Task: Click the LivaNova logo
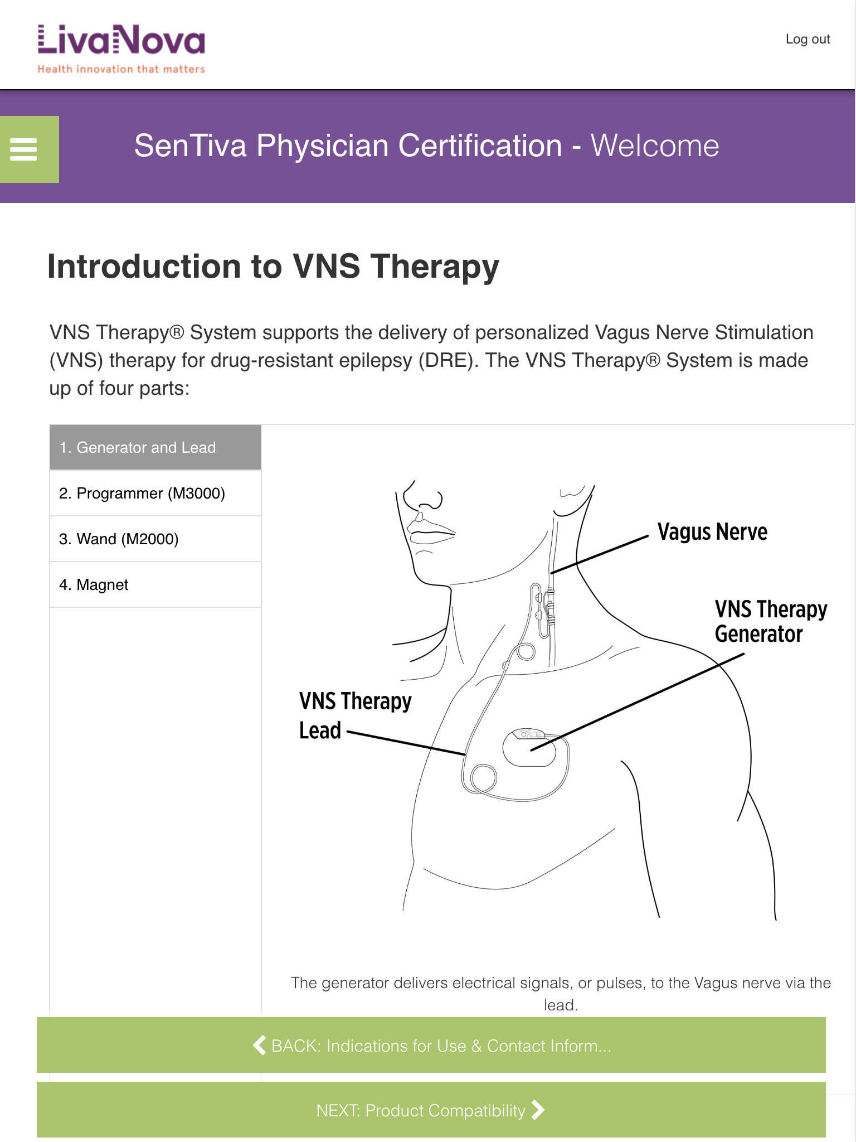(x=121, y=49)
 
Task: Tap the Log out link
(x=808, y=39)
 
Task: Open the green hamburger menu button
(x=29, y=149)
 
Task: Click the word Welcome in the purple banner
(x=655, y=146)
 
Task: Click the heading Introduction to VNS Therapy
(x=273, y=267)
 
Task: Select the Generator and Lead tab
(x=155, y=447)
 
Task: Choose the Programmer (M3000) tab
(x=155, y=493)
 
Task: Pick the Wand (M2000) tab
(x=155, y=539)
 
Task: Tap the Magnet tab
(x=155, y=585)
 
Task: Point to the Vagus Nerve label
(x=712, y=532)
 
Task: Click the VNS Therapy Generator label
(x=771, y=622)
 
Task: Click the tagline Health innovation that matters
(x=121, y=69)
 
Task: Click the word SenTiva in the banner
(x=190, y=146)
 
